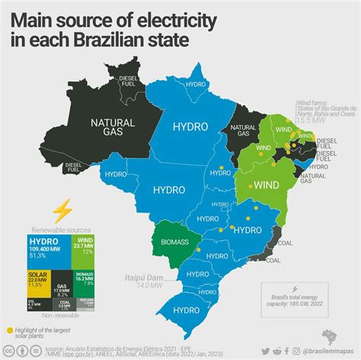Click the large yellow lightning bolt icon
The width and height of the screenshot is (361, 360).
[59, 209]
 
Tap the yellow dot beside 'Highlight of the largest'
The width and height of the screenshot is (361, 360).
[10, 330]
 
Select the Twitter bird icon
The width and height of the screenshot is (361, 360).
[266, 352]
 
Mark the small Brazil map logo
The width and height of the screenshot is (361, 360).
[333, 336]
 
